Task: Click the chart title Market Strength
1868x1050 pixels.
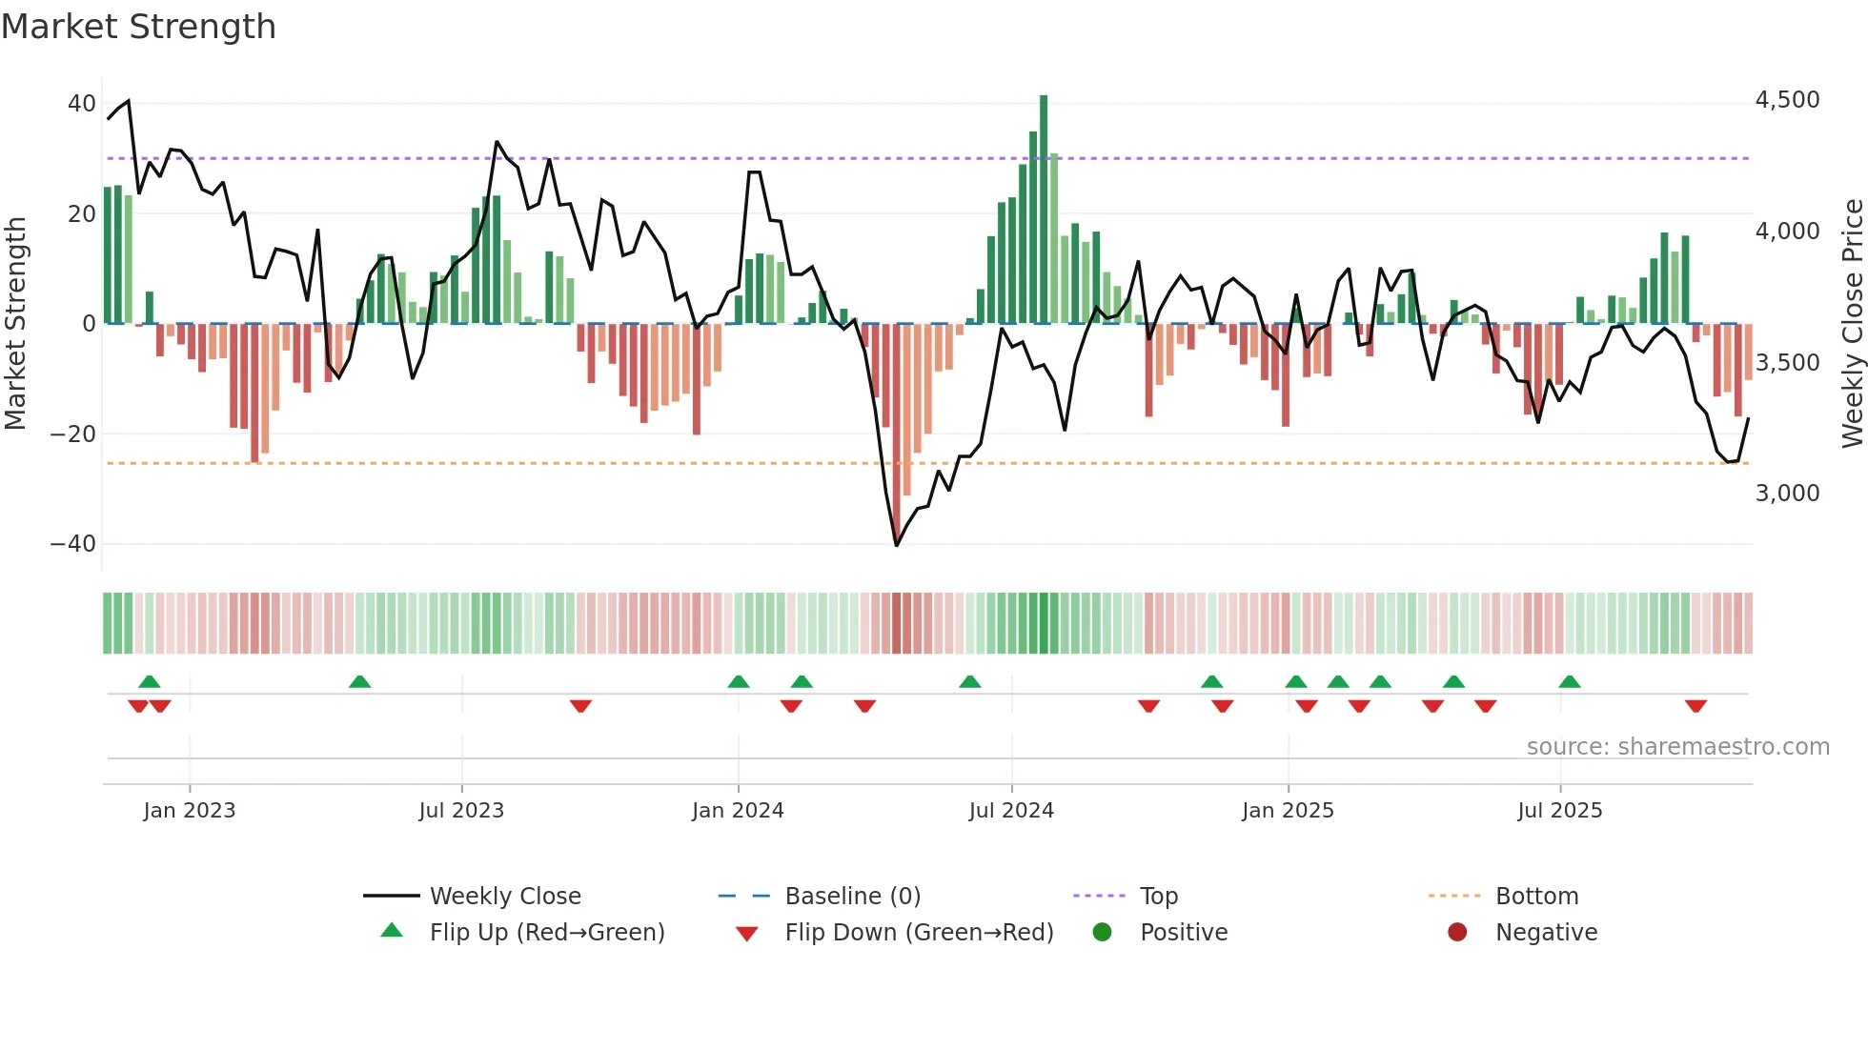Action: [x=138, y=27]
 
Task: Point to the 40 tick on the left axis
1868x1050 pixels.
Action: [x=81, y=103]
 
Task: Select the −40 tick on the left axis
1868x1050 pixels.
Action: [x=73, y=544]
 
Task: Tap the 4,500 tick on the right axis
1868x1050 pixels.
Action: [x=1787, y=100]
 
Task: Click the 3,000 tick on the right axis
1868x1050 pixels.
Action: [x=1787, y=494]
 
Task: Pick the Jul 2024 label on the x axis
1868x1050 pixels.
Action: [x=1011, y=811]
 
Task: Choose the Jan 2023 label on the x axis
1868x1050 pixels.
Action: [x=190, y=811]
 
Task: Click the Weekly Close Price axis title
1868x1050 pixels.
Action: [x=1852, y=323]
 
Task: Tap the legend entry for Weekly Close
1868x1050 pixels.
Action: [x=504, y=897]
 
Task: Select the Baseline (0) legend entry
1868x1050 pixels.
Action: [x=852, y=897]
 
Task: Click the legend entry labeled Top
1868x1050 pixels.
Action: [x=1158, y=897]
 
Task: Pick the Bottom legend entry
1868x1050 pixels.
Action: [x=1536, y=897]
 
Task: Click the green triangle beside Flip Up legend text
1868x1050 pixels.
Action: [x=392, y=931]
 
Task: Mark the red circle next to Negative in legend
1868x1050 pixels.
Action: [x=1457, y=932]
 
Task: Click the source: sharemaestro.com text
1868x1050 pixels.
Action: [x=1677, y=747]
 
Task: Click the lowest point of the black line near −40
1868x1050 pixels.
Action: [x=897, y=545]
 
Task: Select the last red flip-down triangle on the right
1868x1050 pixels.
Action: [x=1695, y=706]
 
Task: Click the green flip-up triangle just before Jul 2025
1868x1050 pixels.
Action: [x=1570, y=681]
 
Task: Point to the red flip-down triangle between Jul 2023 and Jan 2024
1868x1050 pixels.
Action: [x=580, y=706]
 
